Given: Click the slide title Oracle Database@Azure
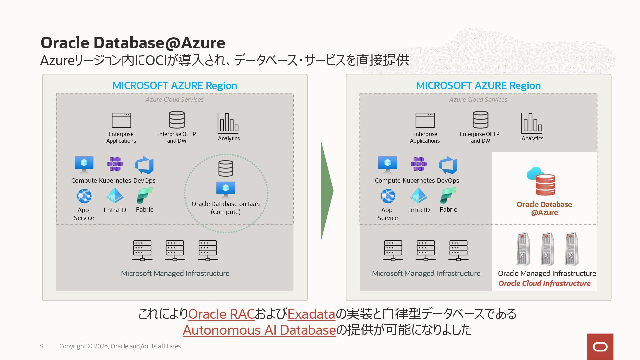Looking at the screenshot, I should (133, 43).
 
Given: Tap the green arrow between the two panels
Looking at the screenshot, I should (326, 191).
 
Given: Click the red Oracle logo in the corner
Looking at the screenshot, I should (600, 347).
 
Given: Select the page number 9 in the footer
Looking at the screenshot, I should (42, 346).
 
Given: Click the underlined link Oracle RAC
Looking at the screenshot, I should (221, 314).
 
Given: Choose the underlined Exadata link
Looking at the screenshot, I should (311, 314).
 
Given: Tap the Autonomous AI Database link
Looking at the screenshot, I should (259, 330).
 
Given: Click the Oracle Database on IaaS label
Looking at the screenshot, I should (225, 208).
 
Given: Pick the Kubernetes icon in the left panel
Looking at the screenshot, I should (115, 164).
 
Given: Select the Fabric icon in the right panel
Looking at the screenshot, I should (448, 196).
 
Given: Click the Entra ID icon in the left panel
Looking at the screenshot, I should (115, 196).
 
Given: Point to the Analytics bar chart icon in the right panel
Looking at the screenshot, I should (531, 123).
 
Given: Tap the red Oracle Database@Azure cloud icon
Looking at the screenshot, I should (541, 181).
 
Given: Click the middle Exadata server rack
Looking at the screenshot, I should (547, 249).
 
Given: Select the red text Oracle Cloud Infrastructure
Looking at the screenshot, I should (544, 284).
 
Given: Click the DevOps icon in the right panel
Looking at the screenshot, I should (448, 165).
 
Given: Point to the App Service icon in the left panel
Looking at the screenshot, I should (84, 196).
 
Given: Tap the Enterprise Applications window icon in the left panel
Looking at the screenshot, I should (121, 120).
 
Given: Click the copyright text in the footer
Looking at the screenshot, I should (120, 346).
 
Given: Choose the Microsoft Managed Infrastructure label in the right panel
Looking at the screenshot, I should (426, 274).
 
